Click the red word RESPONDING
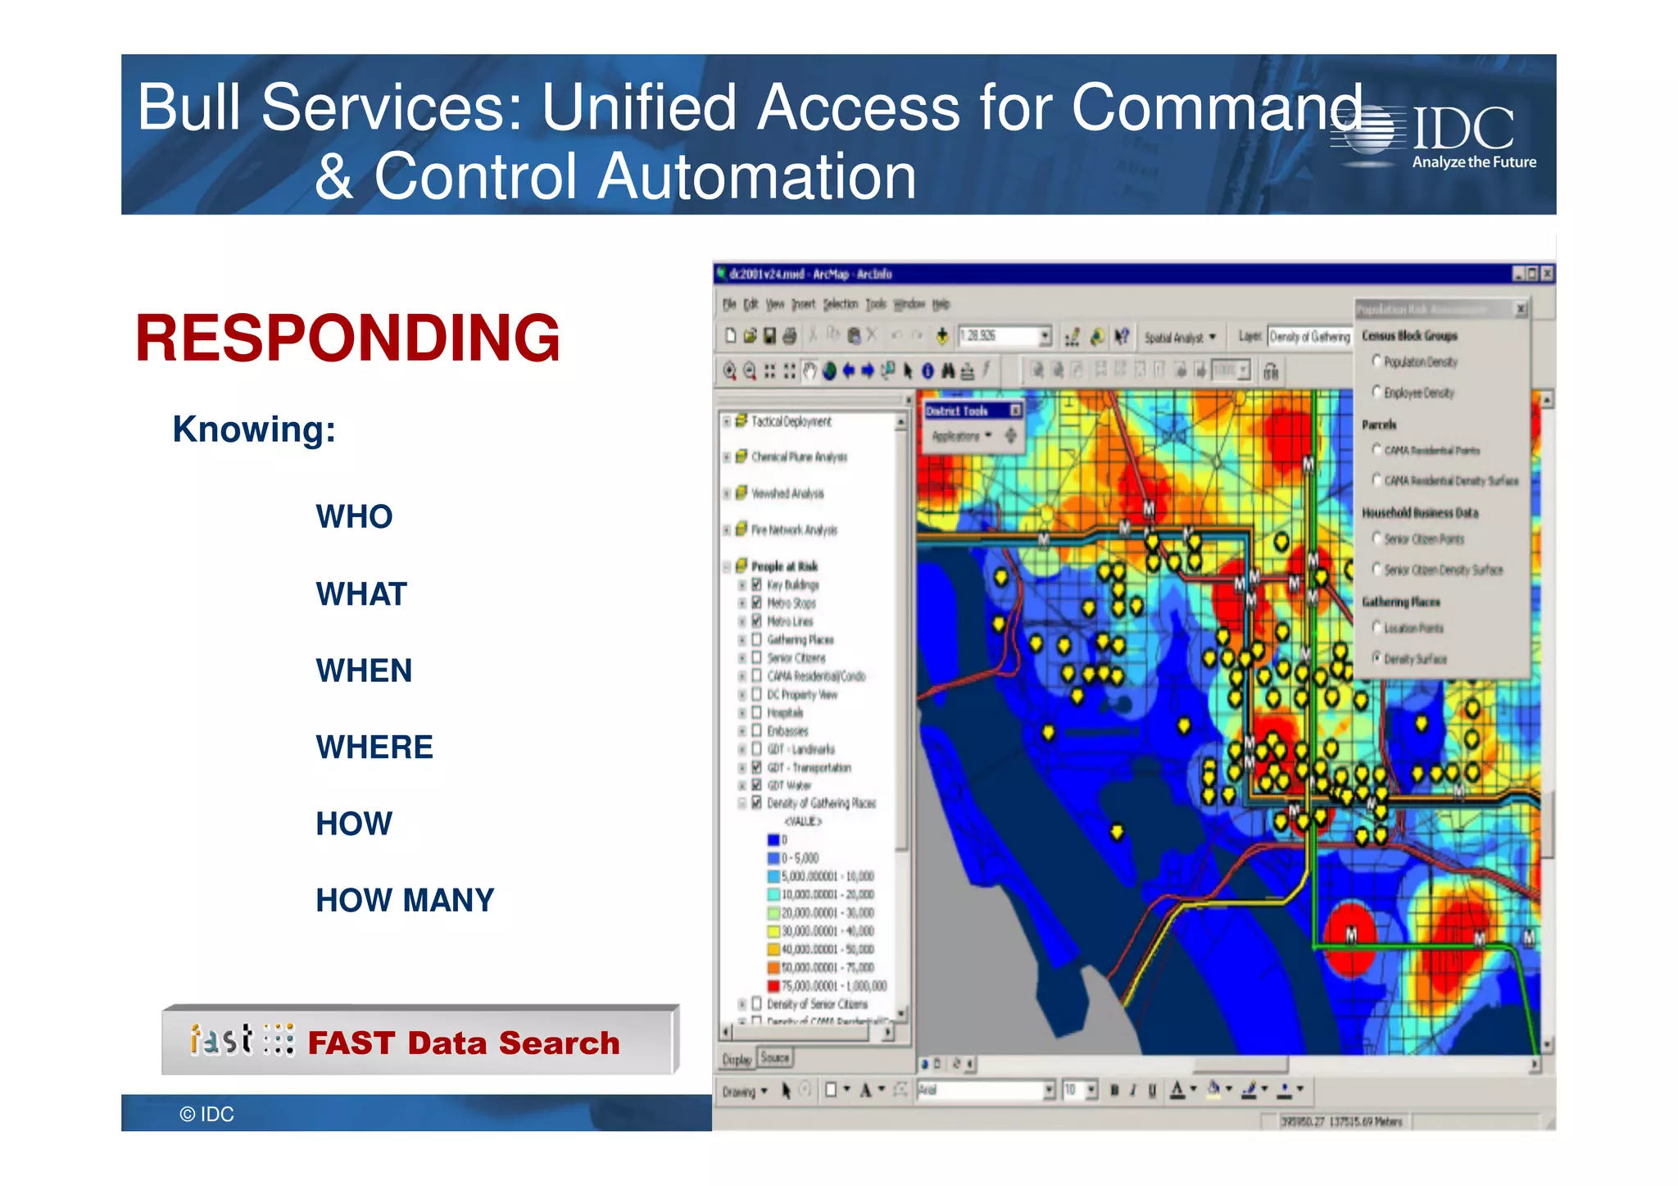click(347, 338)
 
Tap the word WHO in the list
click(354, 516)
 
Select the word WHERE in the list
click(374, 747)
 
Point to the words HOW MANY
click(405, 900)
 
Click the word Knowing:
click(254, 429)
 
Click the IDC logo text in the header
click(1463, 130)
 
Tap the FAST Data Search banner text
click(463, 1043)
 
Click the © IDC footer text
click(206, 1114)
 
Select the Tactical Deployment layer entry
click(791, 421)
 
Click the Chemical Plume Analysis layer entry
click(799, 457)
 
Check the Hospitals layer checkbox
click(757, 712)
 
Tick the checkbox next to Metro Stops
click(757, 602)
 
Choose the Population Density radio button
click(1376, 361)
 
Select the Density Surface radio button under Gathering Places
click(1376, 657)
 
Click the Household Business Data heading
click(1420, 513)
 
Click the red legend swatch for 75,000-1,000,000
click(773, 986)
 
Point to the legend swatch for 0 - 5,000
click(773, 858)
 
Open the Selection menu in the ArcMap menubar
click(840, 304)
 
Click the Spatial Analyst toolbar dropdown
click(1180, 337)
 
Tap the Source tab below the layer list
click(774, 1057)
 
